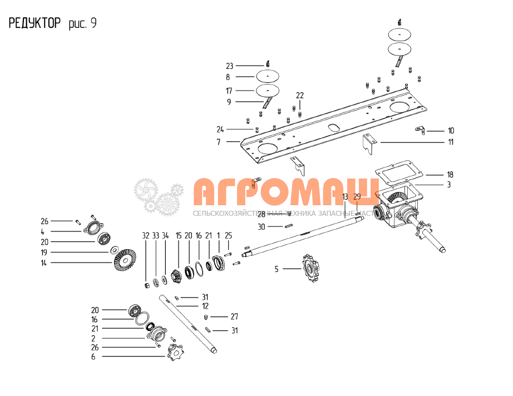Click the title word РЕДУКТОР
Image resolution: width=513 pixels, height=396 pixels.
click(x=34, y=23)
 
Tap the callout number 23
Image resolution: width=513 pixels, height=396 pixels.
click(x=229, y=66)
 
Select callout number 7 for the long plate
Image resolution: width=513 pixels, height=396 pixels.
click(x=220, y=142)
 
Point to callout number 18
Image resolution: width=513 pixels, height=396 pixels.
click(x=450, y=174)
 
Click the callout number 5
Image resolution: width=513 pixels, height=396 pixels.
click(x=277, y=269)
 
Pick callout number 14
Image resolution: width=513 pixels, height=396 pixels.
click(x=43, y=263)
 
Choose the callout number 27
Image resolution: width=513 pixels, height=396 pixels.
click(x=234, y=316)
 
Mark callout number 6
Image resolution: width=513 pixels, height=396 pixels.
click(x=93, y=357)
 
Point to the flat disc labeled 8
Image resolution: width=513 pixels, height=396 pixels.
click(x=268, y=76)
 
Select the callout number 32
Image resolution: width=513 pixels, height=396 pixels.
click(x=146, y=235)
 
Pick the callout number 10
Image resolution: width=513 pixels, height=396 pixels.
click(x=450, y=131)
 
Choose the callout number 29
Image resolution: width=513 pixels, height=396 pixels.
click(x=357, y=197)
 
